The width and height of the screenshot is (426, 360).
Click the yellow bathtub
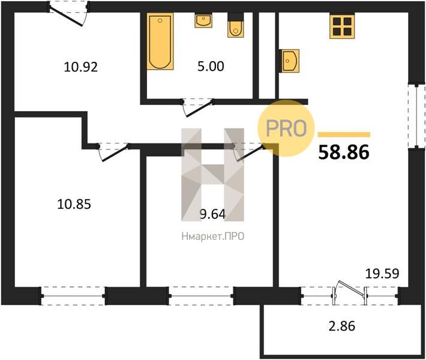pyautogui.click(x=160, y=41)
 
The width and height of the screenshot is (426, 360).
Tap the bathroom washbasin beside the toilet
pyautogui.click(x=203, y=20)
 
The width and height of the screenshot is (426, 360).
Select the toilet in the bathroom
pyautogui.click(x=236, y=25)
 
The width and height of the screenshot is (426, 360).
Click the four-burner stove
pyautogui.click(x=342, y=26)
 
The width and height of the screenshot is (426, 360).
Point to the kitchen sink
pyautogui.click(x=290, y=61)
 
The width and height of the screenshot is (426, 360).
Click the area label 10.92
pyautogui.click(x=80, y=67)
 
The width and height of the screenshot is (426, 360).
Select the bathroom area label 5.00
pyautogui.click(x=211, y=66)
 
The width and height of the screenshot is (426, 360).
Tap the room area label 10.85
pyautogui.click(x=74, y=204)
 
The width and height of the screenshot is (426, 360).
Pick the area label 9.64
pyautogui.click(x=212, y=214)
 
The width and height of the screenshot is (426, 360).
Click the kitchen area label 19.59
pyautogui.click(x=382, y=274)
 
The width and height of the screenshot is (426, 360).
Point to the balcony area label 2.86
pyautogui.click(x=342, y=326)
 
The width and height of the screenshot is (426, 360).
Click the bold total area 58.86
pyautogui.click(x=344, y=152)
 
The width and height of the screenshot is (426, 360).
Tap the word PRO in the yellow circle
pyautogui.click(x=286, y=128)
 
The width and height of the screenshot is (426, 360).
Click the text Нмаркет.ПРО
pyautogui.click(x=213, y=236)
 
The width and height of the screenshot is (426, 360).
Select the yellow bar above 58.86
pyautogui.click(x=344, y=134)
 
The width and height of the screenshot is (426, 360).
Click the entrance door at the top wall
pyautogui.click(x=68, y=13)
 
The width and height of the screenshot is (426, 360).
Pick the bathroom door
pyautogui.click(x=198, y=107)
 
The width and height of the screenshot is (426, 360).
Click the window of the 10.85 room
pyautogui.click(x=73, y=296)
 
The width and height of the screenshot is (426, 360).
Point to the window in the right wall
pyautogui.click(x=416, y=116)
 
